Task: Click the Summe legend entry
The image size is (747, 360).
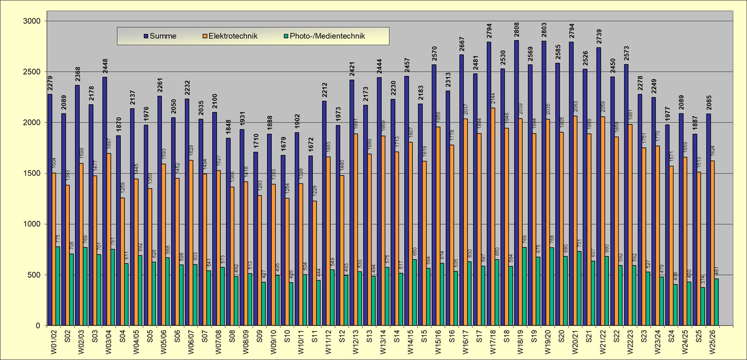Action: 160,36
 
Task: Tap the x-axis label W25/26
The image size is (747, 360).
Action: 711,342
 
